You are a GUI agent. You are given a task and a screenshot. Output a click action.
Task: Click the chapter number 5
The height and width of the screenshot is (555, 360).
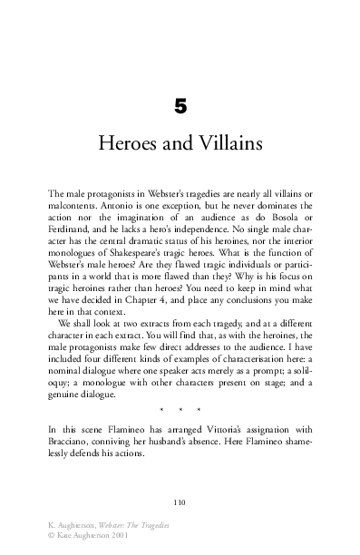click(180, 108)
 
